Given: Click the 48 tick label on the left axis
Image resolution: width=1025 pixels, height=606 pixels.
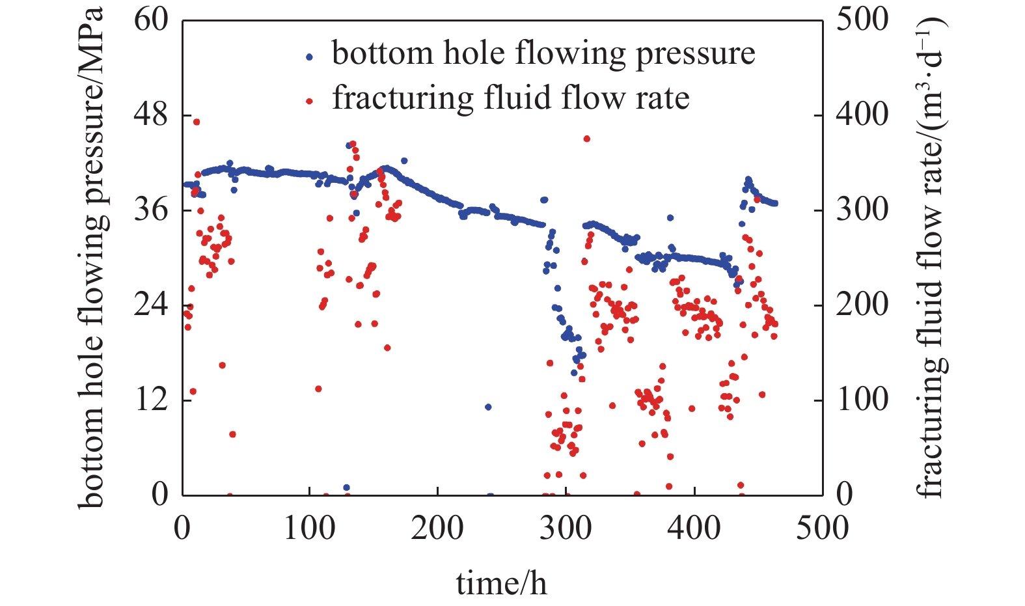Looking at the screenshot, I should click(151, 115).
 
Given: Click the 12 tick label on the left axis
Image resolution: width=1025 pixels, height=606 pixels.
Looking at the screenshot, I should click(151, 399).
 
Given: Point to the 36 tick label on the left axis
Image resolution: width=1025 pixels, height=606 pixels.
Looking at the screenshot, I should click(151, 210).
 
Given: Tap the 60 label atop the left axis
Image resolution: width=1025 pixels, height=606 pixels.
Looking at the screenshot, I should click(151, 20).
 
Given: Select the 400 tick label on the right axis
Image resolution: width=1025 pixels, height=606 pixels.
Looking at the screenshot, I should click(862, 115).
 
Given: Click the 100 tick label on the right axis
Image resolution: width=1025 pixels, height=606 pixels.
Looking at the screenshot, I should click(862, 399).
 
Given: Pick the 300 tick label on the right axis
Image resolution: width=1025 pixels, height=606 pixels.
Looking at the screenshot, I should click(862, 210).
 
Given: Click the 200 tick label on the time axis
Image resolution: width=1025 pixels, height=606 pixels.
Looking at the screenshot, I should click(437, 527).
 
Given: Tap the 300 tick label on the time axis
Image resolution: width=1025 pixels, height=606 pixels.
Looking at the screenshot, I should click(566, 527).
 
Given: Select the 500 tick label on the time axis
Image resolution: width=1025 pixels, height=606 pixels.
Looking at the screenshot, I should click(822, 527).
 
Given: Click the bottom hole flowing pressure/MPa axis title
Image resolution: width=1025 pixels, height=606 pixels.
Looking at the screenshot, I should click(90, 257).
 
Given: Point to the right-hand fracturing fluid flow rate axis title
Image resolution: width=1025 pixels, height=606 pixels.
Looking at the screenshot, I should click(932, 257).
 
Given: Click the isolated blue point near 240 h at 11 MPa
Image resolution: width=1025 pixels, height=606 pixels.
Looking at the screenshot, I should click(488, 407).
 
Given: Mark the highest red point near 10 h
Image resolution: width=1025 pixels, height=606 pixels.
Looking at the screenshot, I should click(196, 122).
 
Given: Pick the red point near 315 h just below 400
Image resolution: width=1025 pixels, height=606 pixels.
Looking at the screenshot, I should click(586, 139).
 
